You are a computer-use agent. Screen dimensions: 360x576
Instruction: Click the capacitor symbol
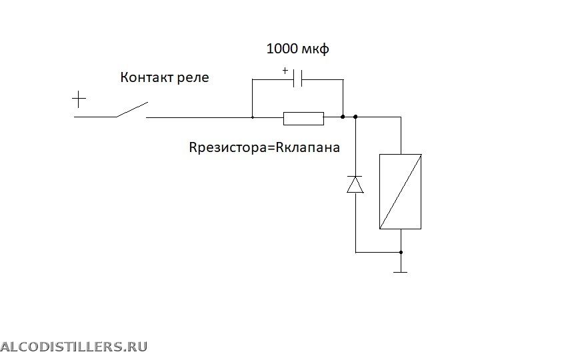tap(297, 79)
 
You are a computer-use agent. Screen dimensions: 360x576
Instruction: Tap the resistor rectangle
tap(303, 118)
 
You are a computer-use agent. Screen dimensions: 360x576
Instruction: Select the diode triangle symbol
tap(355, 185)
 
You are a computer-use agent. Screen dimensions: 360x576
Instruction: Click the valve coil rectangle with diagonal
tap(401, 191)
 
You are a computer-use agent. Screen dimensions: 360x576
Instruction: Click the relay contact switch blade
tap(132, 109)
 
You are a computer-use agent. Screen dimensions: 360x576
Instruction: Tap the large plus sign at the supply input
tap(79, 100)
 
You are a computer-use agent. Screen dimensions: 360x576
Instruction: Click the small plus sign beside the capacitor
tap(285, 70)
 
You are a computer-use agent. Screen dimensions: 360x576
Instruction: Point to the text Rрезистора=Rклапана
tap(265, 147)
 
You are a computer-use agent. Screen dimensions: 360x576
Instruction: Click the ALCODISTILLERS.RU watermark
tap(73, 346)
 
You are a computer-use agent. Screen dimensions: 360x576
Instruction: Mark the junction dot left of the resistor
tap(253, 117)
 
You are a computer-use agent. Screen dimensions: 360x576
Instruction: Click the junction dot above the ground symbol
tap(401, 253)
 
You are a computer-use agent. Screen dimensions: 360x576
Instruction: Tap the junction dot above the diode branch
tap(355, 117)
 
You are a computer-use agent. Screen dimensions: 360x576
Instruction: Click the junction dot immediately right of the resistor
tap(343, 117)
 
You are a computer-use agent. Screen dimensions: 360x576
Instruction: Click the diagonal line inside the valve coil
tap(401, 191)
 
